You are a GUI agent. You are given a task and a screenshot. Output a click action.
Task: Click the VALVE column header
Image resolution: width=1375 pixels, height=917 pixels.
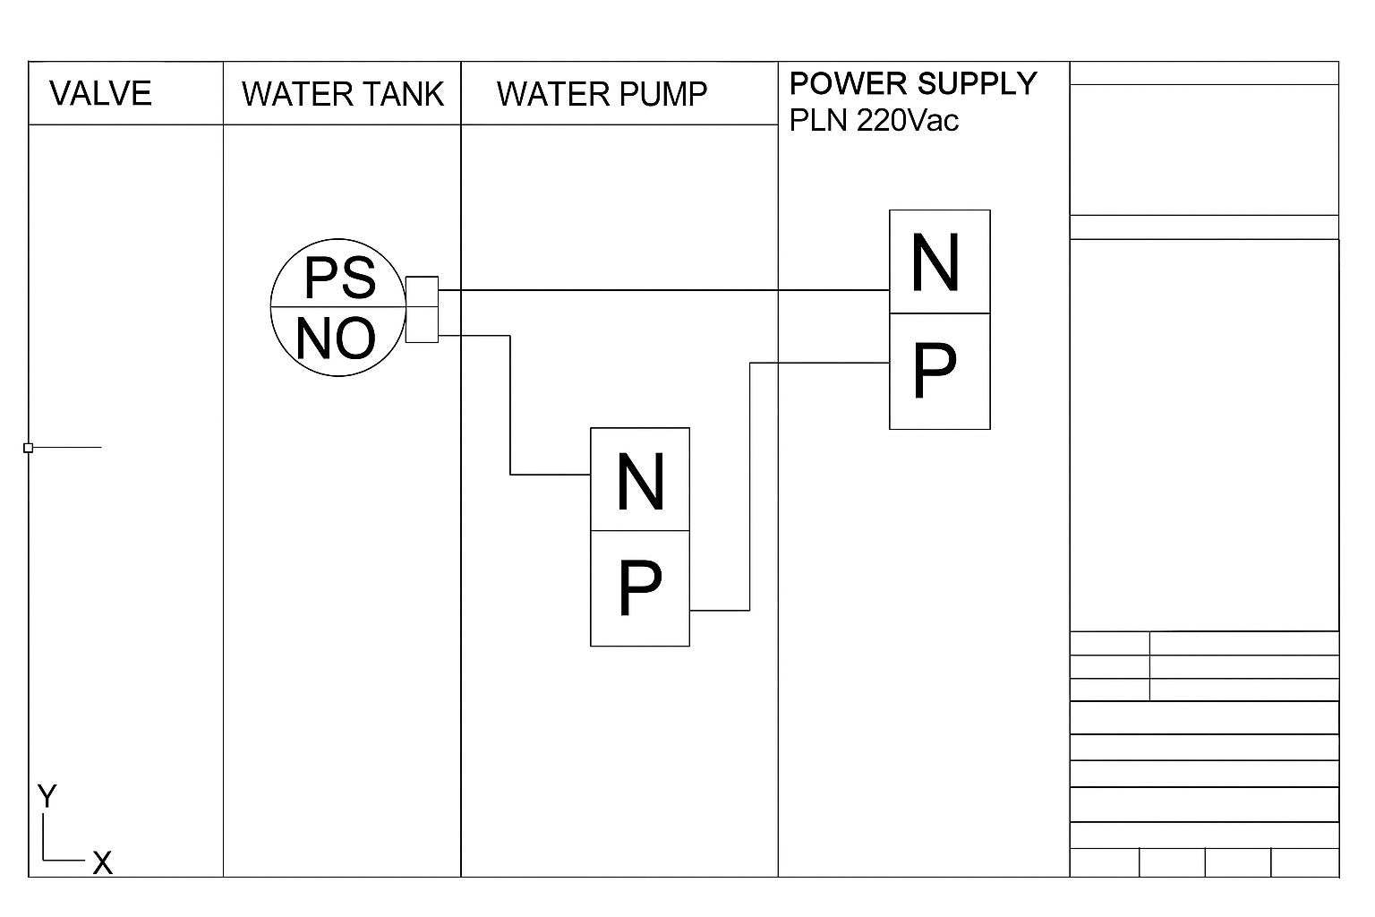pyautogui.click(x=100, y=94)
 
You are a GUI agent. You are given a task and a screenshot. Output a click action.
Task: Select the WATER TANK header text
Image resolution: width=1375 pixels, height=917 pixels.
pyautogui.click(x=342, y=94)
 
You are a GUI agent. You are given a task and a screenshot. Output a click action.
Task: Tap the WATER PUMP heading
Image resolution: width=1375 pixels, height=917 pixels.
pyautogui.click(x=602, y=94)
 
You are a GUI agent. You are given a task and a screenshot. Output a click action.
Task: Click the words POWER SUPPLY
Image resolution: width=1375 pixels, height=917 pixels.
pyautogui.click(x=912, y=83)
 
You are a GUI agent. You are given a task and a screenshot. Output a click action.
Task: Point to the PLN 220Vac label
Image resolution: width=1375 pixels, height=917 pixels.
pyautogui.click(x=874, y=120)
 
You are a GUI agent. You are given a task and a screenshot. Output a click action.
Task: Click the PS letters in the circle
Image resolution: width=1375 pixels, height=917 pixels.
pyautogui.click(x=339, y=278)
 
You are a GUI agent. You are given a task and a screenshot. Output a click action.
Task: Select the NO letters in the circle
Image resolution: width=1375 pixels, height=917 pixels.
pyautogui.click(x=336, y=339)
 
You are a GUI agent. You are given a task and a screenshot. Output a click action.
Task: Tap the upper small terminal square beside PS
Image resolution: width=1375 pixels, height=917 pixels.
pyautogui.click(x=422, y=291)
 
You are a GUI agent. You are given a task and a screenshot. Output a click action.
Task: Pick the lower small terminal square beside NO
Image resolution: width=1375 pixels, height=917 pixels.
pyautogui.click(x=422, y=324)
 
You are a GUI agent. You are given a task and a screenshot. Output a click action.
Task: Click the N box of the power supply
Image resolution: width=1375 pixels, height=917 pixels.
pyautogui.click(x=939, y=262)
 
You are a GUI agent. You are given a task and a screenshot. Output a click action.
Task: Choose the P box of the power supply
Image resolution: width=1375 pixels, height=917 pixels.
pyautogui.click(x=939, y=371)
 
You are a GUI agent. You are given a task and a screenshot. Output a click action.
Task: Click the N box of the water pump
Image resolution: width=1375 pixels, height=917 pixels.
pyautogui.click(x=640, y=481)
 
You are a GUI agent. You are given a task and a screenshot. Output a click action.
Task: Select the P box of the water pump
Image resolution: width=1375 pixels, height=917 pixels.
pyautogui.click(x=640, y=588)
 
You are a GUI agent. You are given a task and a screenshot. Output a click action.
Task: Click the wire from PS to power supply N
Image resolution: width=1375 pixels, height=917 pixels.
pyautogui.click(x=662, y=290)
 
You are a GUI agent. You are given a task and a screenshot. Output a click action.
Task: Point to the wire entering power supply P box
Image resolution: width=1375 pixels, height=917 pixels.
pyautogui.click(x=819, y=363)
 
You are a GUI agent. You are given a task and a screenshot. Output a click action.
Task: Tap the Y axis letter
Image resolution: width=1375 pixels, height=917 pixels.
pyautogui.click(x=47, y=795)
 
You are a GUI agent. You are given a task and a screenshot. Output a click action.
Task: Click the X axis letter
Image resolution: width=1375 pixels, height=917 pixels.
pyautogui.click(x=103, y=863)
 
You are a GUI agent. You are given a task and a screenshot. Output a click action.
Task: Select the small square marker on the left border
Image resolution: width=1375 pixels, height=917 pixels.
pyautogui.click(x=29, y=447)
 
